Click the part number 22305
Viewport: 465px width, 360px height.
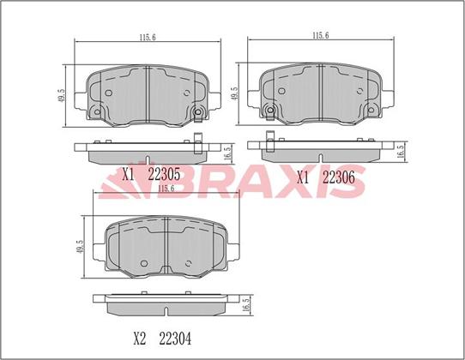coord(164,174)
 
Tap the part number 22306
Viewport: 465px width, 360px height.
coord(338,177)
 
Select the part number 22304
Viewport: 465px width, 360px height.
coord(175,339)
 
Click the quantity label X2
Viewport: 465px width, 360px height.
coord(140,339)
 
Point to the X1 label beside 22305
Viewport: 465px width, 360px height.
coord(129,175)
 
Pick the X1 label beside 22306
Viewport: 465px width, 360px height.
coord(303,177)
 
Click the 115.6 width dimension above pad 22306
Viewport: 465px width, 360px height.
coord(321,35)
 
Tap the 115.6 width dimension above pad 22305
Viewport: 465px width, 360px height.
coord(148,38)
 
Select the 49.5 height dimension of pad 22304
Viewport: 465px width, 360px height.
coord(79,247)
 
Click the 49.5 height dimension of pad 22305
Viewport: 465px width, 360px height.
coord(61,96)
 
